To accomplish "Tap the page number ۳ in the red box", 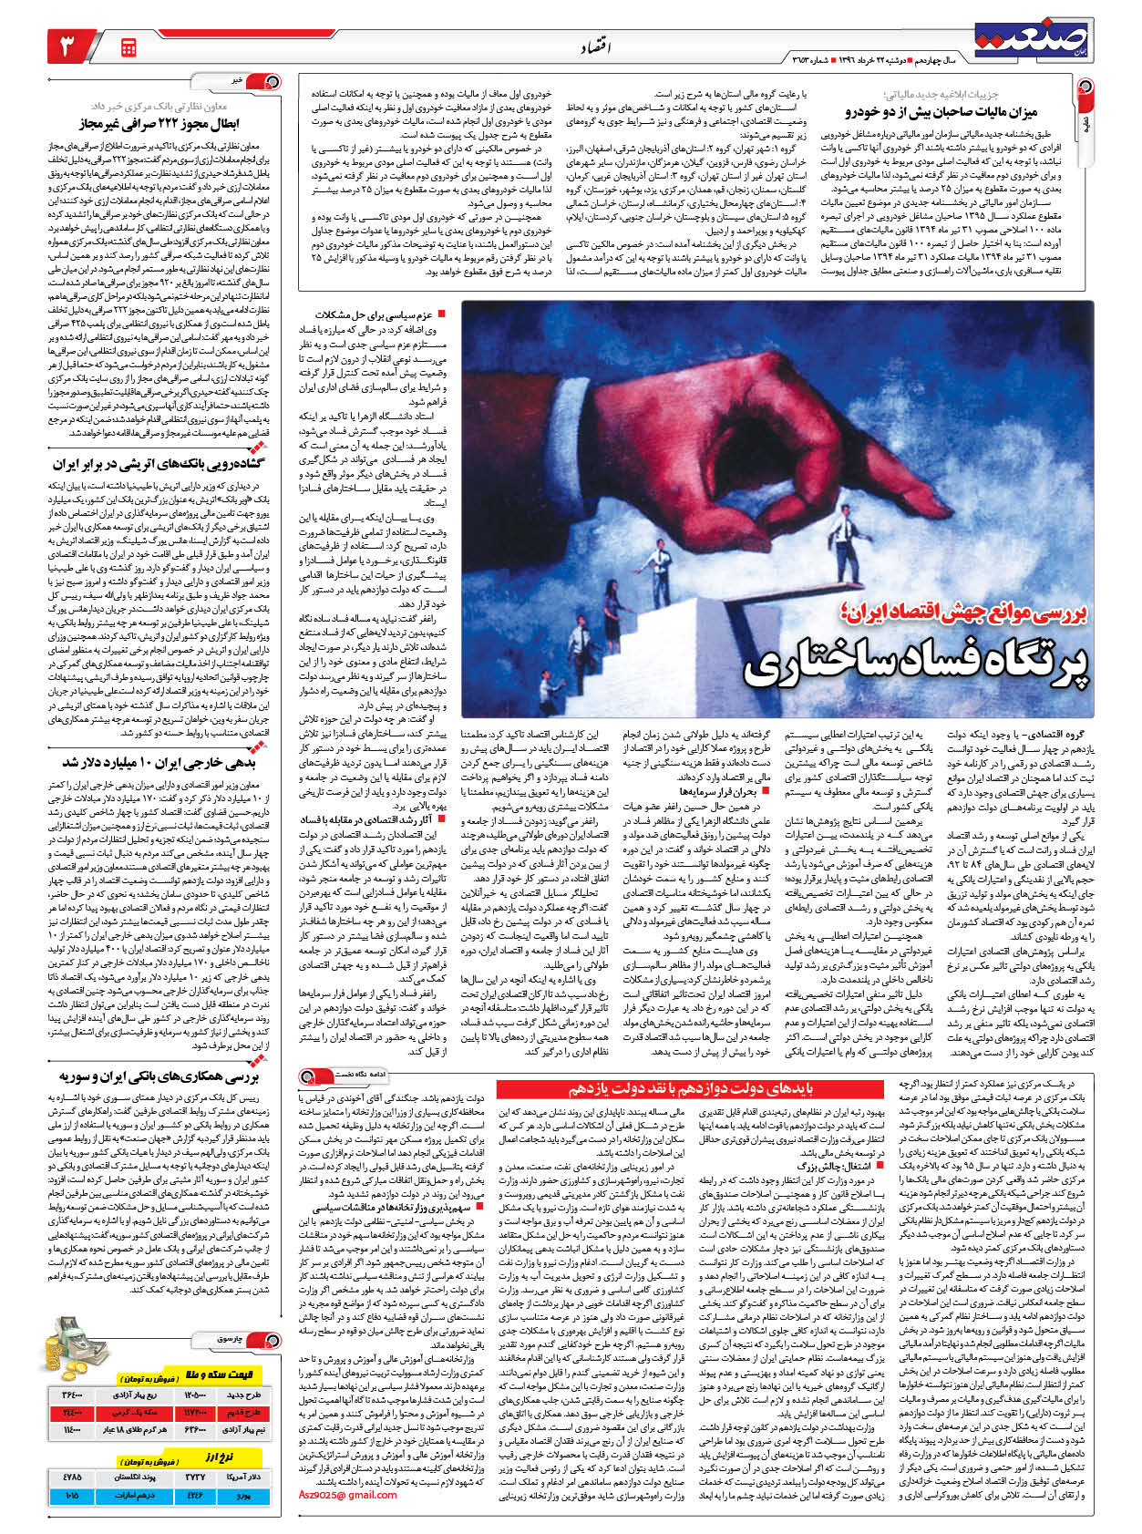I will pyautogui.click(x=70, y=46).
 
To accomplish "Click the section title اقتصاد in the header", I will pyautogui.click(x=594, y=46).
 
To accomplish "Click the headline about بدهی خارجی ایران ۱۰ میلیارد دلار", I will pyautogui.click(x=159, y=762).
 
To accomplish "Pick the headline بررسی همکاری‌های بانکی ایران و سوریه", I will pyautogui.click(x=159, y=1076).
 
